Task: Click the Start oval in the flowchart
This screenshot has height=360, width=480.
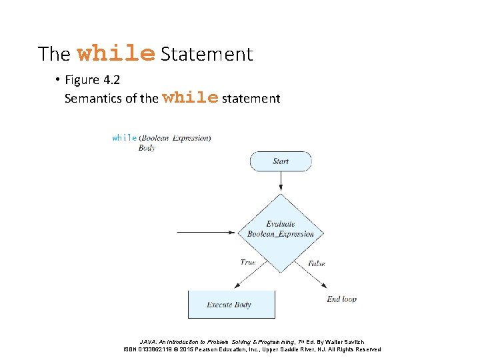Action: coord(280,161)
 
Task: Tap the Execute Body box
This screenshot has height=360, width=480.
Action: coord(230,305)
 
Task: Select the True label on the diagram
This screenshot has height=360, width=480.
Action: coord(248,263)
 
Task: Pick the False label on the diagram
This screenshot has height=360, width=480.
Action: coord(317,264)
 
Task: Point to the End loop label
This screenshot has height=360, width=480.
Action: coord(341,299)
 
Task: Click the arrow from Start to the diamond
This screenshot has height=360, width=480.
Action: coord(280,182)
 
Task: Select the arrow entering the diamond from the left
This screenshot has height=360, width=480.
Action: coord(207,233)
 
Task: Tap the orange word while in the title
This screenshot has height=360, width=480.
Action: coord(116,53)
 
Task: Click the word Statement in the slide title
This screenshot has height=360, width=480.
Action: coord(207,54)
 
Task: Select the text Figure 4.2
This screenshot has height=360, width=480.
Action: coord(92,81)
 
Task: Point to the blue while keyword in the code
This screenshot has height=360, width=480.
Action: coord(125,138)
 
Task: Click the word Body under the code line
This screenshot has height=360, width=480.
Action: coord(147,148)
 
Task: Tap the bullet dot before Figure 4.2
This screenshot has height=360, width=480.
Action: coord(58,81)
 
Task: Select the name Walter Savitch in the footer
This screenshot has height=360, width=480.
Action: coord(344,342)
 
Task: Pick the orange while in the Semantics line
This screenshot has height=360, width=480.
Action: coord(190,98)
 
